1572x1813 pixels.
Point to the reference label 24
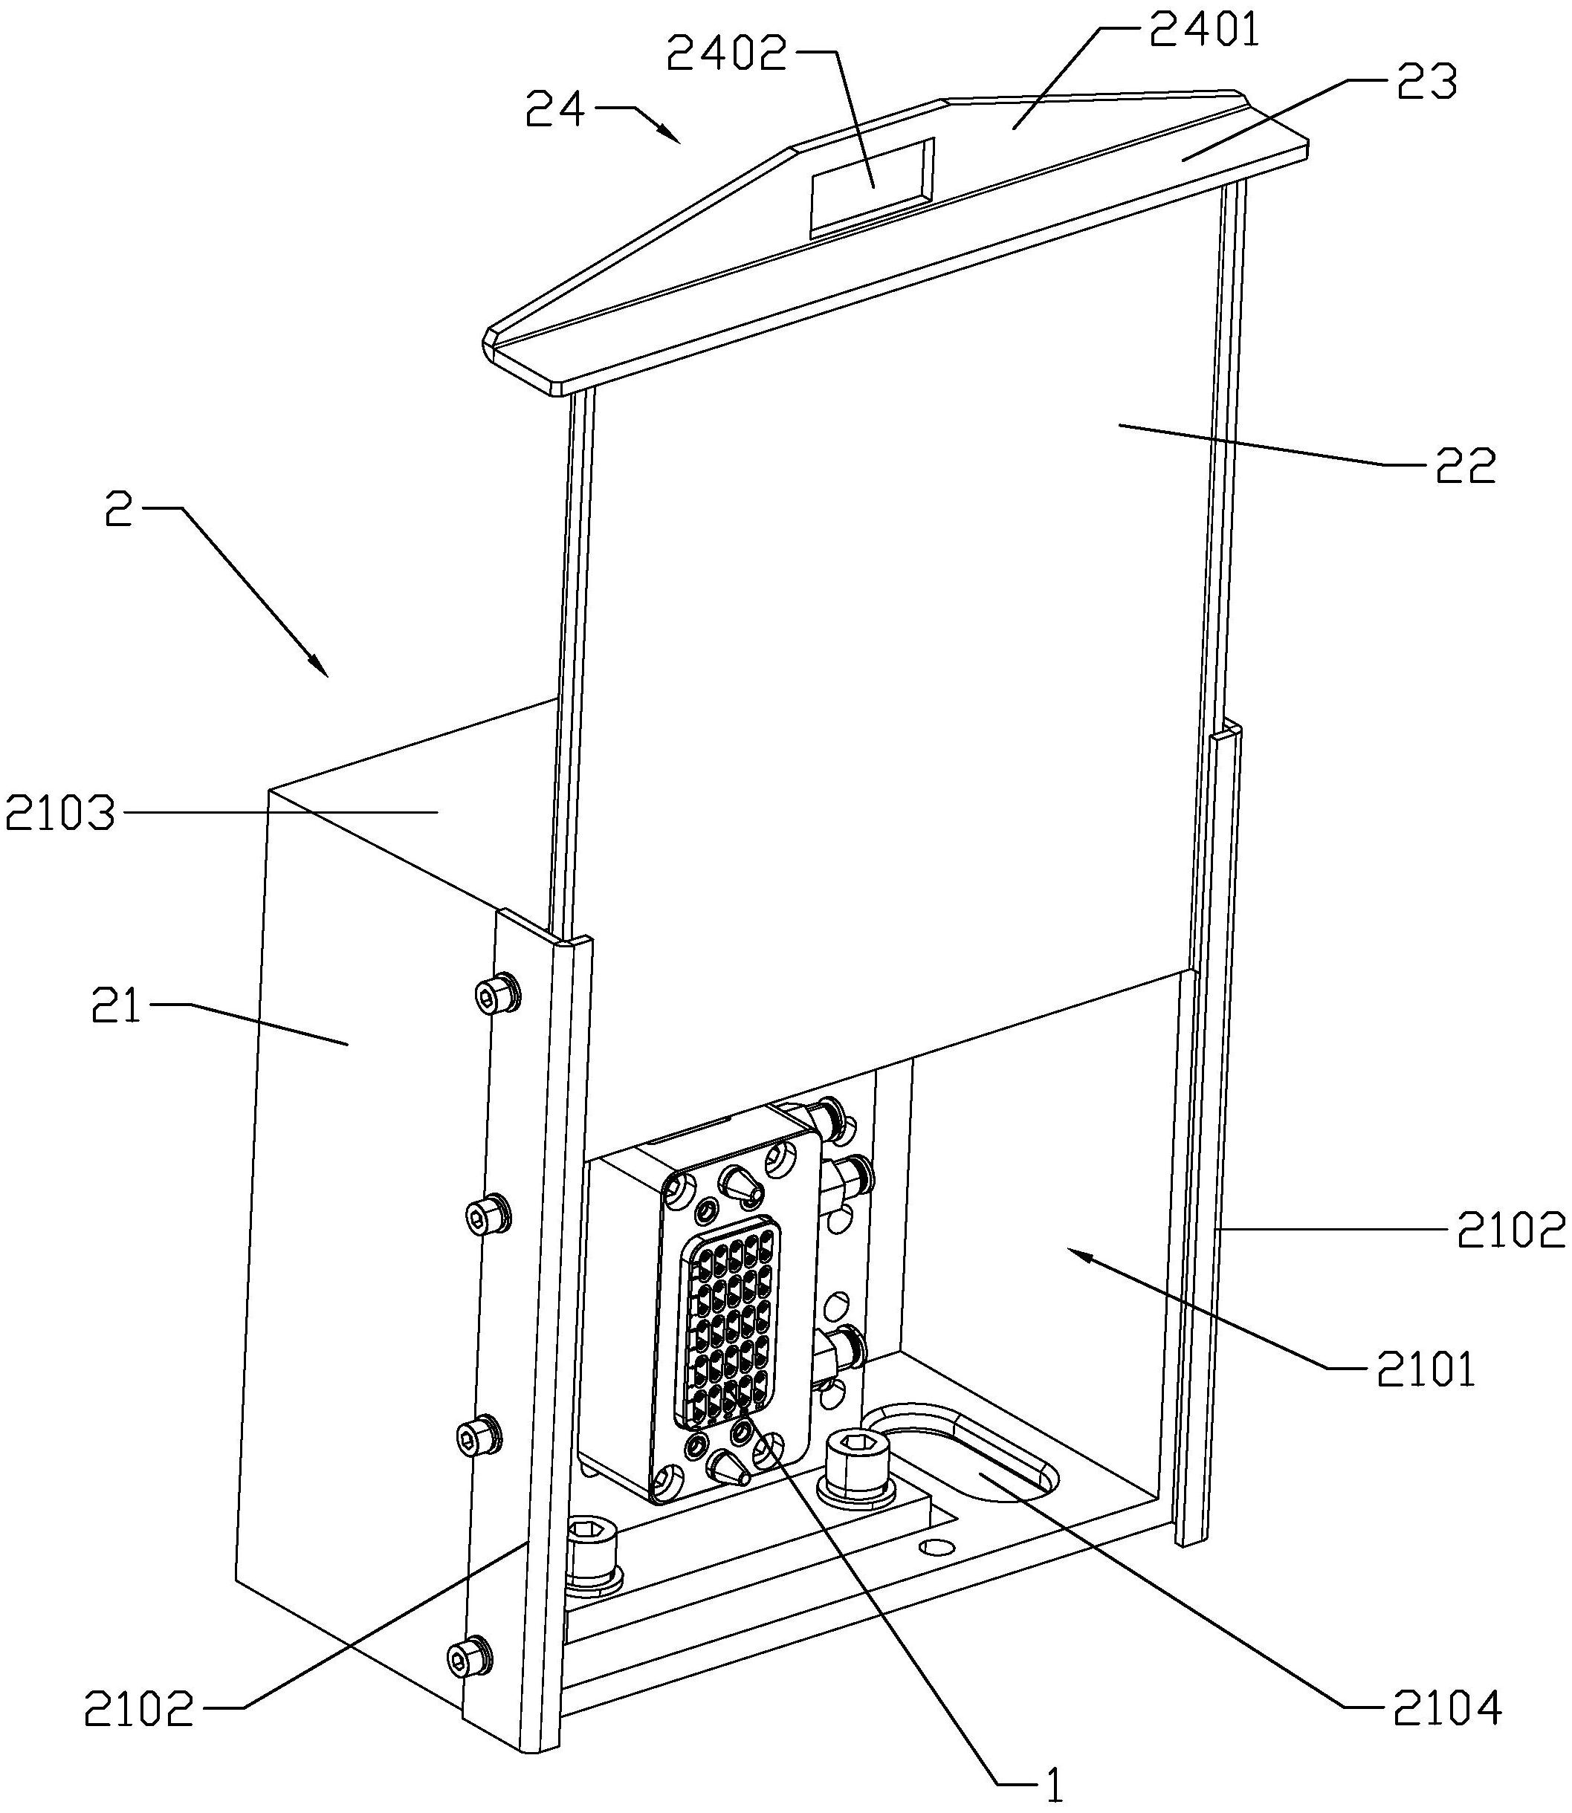coord(554,111)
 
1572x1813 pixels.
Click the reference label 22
coord(1464,467)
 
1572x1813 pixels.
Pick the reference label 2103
coord(59,814)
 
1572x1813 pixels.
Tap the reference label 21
coord(117,1008)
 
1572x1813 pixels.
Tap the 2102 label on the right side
coord(1510,1230)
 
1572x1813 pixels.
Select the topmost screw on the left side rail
coord(497,993)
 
